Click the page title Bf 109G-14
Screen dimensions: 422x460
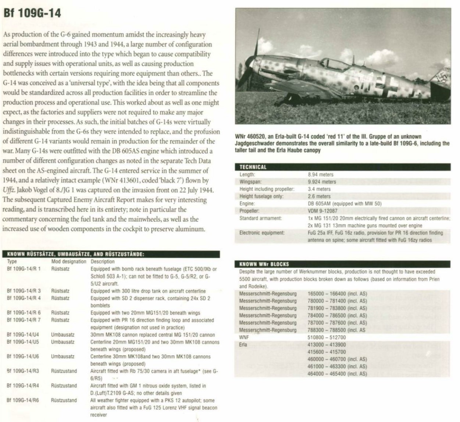[32, 14]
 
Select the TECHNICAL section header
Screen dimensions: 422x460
[253, 167]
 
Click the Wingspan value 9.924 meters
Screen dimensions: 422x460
[322, 182]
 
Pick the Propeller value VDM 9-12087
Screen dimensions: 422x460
[322, 211]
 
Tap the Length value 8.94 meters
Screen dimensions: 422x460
[321, 174]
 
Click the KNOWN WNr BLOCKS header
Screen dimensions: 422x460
[264, 264]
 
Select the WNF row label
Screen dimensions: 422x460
[244, 337]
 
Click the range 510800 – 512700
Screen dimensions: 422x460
[327, 337]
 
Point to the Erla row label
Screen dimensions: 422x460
[243, 345]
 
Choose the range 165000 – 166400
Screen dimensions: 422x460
[327, 294]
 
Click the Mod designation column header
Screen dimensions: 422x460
[69, 262]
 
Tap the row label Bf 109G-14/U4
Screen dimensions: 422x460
[23, 335]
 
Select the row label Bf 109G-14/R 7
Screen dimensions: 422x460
[24, 320]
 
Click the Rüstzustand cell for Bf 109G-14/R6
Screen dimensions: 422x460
[64, 400]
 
